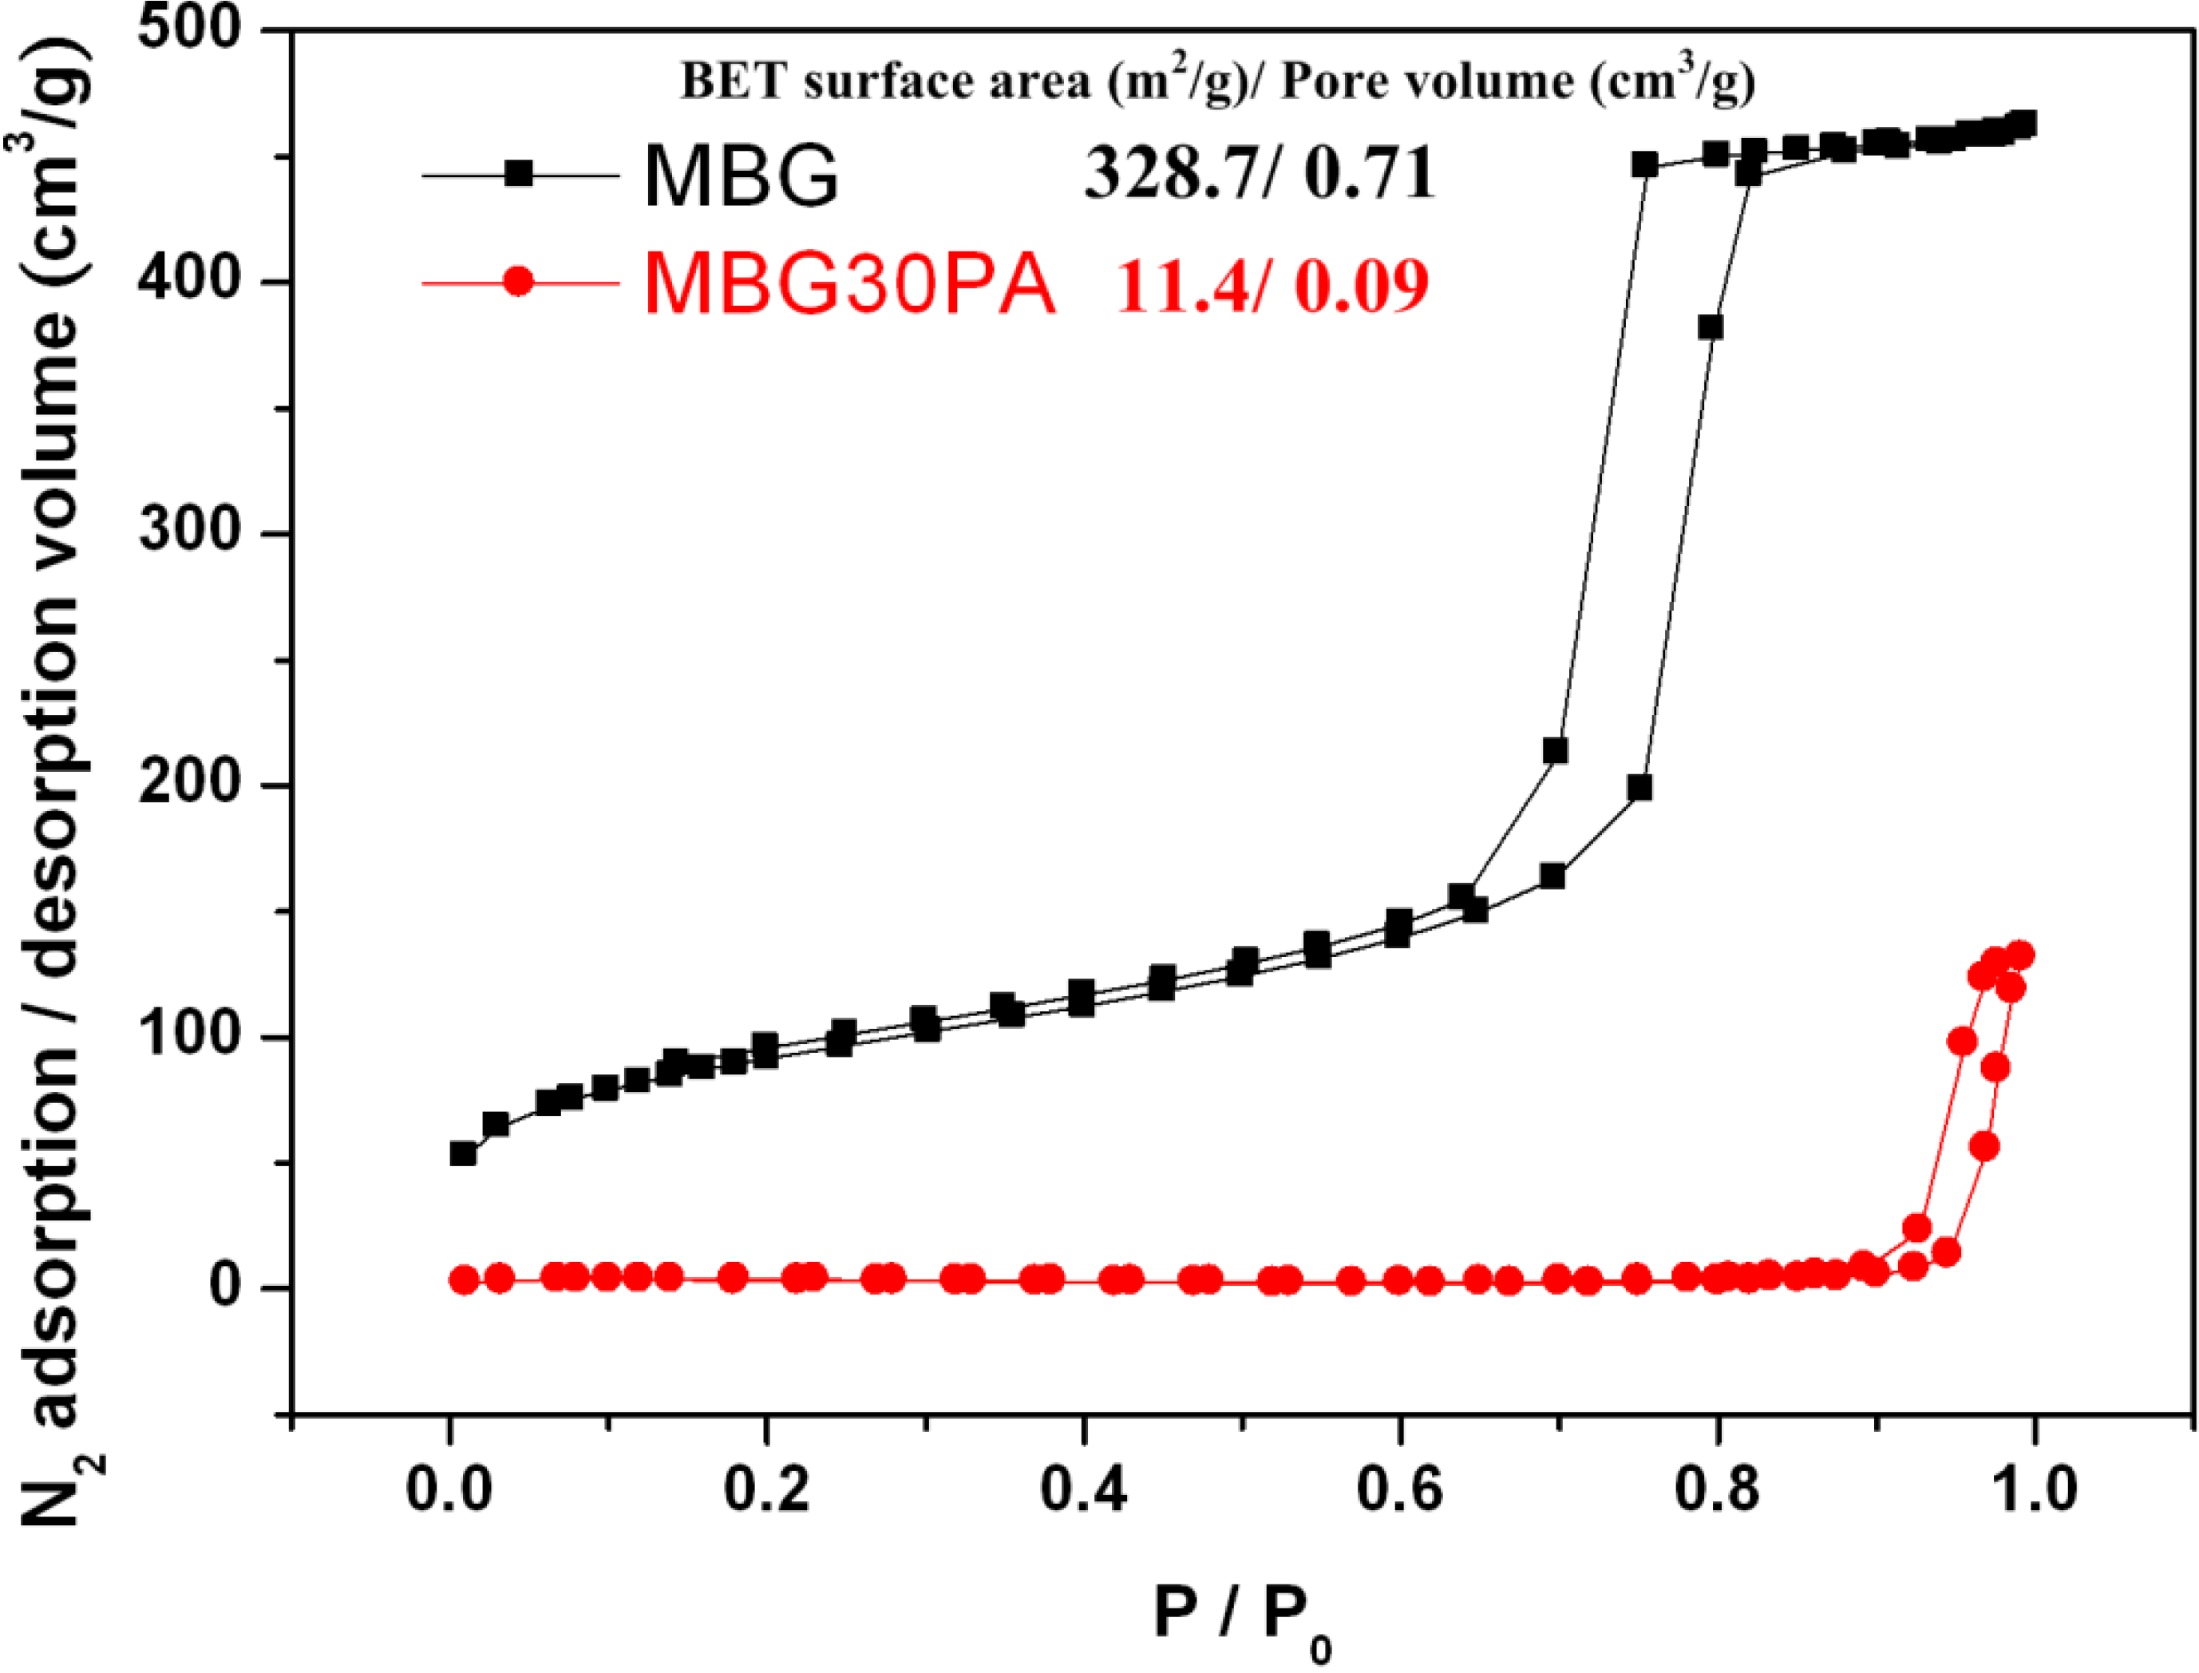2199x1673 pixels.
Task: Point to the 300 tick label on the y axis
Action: tap(189, 530)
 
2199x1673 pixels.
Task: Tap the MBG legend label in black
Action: tap(742, 176)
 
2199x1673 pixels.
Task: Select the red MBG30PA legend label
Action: tap(849, 284)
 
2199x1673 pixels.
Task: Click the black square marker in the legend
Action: tap(519, 174)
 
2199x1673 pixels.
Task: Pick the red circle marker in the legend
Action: tap(519, 282)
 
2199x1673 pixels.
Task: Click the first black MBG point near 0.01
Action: tap(463, 1153)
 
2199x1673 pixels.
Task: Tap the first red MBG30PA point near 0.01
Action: tap(464, 1279)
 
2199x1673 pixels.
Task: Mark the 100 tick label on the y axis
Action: tap(189, 1036)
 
